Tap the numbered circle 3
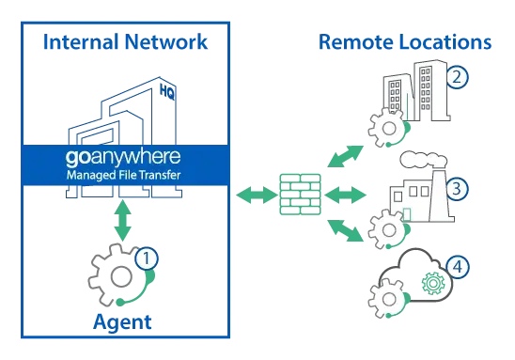456,189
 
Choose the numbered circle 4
458,267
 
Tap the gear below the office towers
387,127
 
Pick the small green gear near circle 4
433,282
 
